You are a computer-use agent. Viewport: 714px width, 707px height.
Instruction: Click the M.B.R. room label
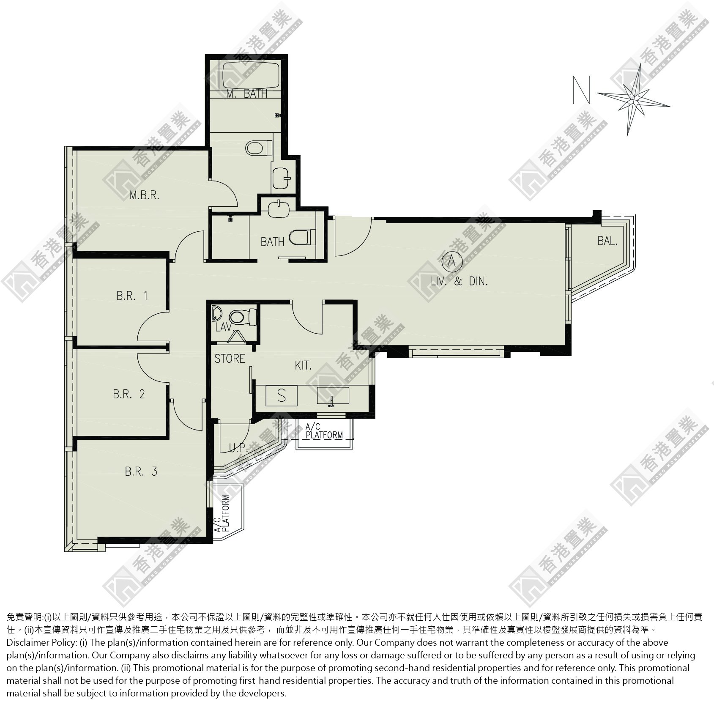(145, 195)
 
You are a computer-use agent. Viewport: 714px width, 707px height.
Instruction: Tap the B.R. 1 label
(132, 295)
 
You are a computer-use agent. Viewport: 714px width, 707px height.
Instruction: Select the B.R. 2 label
(129, 394)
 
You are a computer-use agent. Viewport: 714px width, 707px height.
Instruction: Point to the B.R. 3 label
(141, 471)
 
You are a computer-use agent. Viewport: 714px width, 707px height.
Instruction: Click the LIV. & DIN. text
(459, 281)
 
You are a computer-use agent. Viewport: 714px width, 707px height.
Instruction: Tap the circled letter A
(451, 262)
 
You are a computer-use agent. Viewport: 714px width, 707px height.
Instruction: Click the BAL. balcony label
(607, 241)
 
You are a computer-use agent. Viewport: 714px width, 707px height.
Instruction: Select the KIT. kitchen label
(303, 365)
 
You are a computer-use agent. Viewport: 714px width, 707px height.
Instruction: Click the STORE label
(230, 359)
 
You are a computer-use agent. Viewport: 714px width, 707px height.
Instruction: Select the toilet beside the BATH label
(302, 237)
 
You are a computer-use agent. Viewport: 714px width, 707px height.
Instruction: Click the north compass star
(634, 100)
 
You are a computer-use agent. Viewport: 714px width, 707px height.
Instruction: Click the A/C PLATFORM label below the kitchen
(324, 432)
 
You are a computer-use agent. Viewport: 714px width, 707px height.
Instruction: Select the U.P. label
(238, 448)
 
